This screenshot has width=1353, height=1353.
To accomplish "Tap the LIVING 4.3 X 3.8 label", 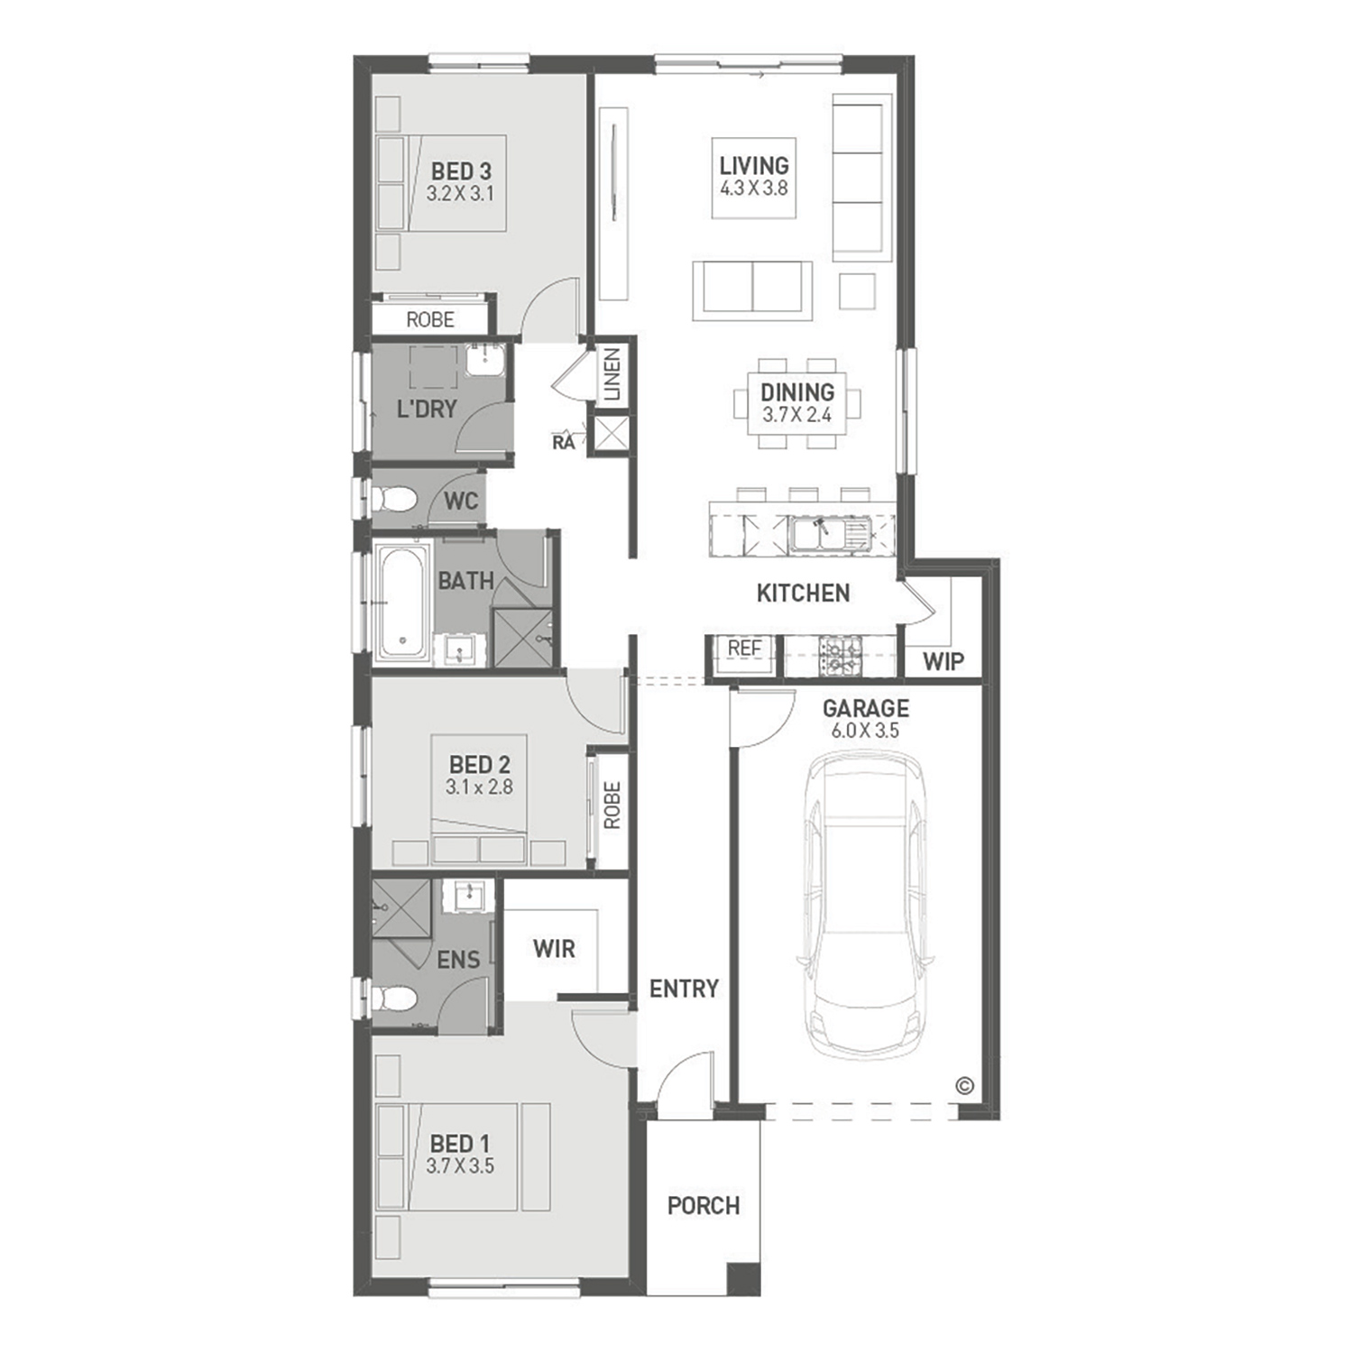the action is (754, 177).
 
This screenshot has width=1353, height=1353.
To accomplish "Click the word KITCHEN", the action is (803, 594).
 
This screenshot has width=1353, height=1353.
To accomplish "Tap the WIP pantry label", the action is (943, 662).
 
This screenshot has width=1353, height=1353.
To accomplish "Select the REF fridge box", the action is (745, 654).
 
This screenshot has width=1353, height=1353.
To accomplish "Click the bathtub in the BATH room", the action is (402, 600).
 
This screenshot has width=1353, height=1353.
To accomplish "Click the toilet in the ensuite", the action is (393, 999).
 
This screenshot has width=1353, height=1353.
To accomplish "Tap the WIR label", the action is (554, 949).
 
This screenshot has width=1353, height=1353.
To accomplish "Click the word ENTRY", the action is (684, 989).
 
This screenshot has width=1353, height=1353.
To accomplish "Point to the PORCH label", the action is (704, 1206).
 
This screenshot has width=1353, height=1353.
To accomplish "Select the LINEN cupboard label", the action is (612, 374).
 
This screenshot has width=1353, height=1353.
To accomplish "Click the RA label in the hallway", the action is (564, 442).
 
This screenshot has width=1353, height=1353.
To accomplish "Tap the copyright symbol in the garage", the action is (964, 1086).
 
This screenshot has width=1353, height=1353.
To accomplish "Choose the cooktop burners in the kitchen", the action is (840, 656).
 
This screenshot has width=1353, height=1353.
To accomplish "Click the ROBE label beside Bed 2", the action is (612, 805).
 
